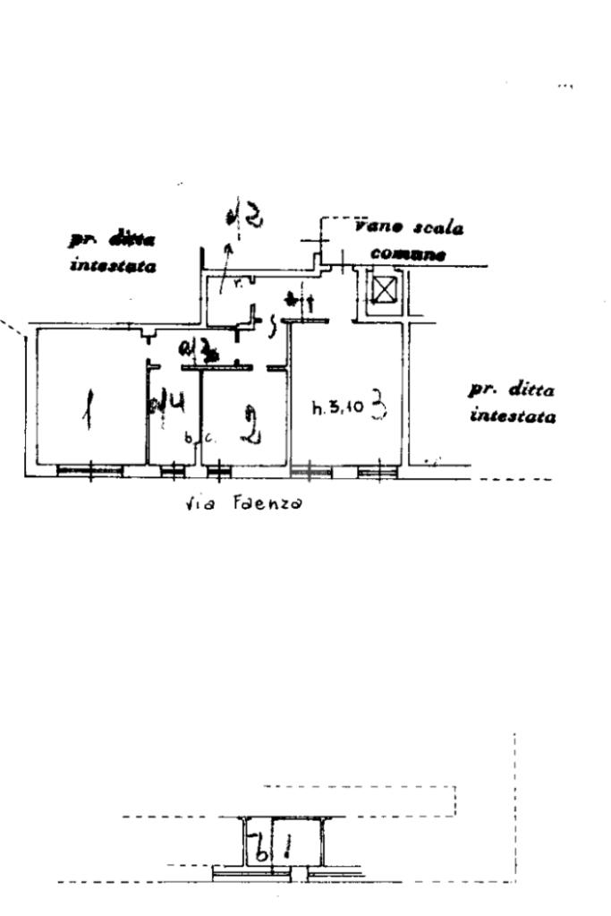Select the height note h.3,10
337,409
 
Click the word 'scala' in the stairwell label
437,228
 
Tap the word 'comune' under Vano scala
407,253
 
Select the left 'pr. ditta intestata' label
113,253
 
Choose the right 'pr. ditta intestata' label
512,403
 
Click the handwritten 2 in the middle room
253,424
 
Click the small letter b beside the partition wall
188,439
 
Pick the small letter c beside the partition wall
208,439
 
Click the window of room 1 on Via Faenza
89,470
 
